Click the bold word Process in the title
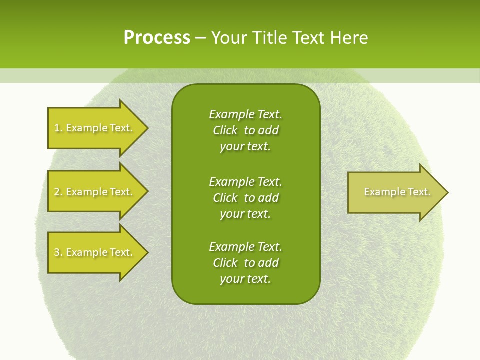pyautogui.click(x=157, y=38)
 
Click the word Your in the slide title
pyautogui.click(x=229, y=38)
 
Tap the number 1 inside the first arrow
pyautogui.click(x=57, y=128)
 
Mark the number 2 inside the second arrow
pyautogui.click(x=57, y=192)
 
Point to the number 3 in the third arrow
pyautogui.click(x=57, y=252)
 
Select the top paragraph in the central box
pyautogui.click(x=245, y=130)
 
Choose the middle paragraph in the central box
pyautogui.click(x=245, y=198)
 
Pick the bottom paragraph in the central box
pyautogui.click(x=245, y=263)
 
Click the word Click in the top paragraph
pyautogui.click(x=225, y=130)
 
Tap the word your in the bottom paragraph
pyautogui.click(x=231, y=279)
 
